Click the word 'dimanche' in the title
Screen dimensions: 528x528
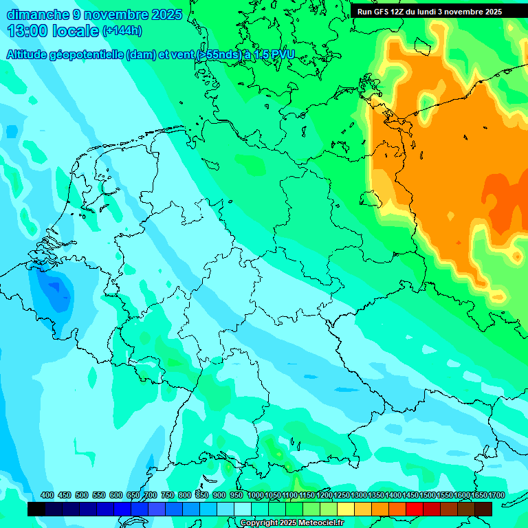[x=38, y=14]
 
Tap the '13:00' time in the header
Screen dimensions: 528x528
[x=27, y=31]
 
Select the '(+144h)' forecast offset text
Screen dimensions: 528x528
[x=122, y=31]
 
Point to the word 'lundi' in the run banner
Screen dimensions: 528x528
[x=423, y=12]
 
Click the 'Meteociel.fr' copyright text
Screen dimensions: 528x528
[x=310, y=523]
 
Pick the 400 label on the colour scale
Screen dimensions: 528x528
[x=47, y=495]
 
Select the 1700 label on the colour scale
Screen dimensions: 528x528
[x=478, y=495]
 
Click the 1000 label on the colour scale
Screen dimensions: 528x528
[x=256, y=495]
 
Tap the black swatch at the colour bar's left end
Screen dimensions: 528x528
[x=36, y=509]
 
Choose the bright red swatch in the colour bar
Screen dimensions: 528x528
[x=415, y=509]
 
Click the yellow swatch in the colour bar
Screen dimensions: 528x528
[x=346, y=509]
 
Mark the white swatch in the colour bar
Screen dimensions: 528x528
[x=243, y=509]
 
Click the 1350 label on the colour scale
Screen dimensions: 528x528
[x=376, y=495]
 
